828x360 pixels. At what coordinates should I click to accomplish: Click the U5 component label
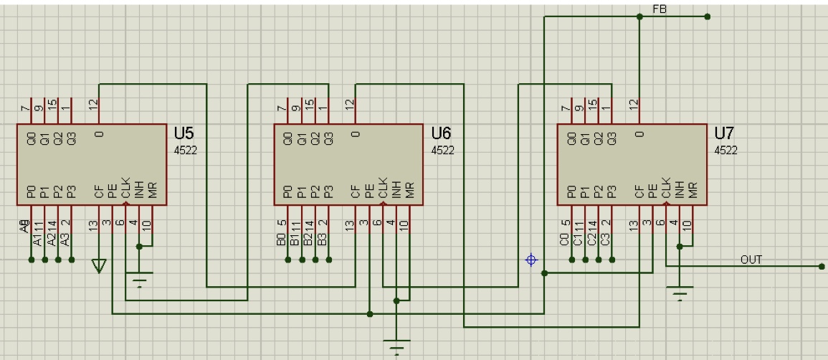click(x=184, y=134)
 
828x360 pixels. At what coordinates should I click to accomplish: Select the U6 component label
click(x=442, y=134)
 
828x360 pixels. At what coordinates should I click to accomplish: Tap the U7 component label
click(x=725, y=134)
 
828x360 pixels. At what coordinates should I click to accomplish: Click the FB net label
click(x=660, y=9)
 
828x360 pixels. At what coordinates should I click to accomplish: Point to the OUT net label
click(x=751, y=260)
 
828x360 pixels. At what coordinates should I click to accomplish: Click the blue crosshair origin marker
click(x=531, y=260)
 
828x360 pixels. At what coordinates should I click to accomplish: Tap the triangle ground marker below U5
click(x=99, y=266)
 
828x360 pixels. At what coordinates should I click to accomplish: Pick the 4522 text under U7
click(x=725, y=151)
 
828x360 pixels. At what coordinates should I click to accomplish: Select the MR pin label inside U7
click(x=693, y=191)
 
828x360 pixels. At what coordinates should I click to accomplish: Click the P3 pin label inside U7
click(x=611, y=191)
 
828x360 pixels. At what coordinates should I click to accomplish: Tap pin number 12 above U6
click(x=349, y=105)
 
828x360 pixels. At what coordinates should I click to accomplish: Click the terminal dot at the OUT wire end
click(x=821, y=267)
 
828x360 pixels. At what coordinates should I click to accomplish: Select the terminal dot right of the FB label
click(x=708, y=16)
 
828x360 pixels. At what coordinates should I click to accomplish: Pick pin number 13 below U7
click(x=633, y=224)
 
